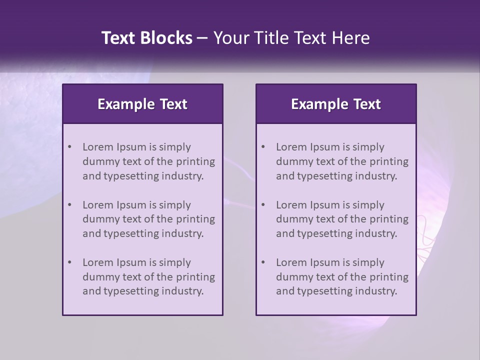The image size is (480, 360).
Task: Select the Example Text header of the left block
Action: tap(142, 104)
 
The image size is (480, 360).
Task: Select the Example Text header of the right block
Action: tap(336, 104)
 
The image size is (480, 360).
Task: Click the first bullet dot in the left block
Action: tap(69, 147)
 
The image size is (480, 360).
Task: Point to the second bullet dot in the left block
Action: tap(69, 205)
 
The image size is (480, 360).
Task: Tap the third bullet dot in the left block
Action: tap(69, 262)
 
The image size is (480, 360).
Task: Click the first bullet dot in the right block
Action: tap(263, 147)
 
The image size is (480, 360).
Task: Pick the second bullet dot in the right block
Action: tap(263, 205)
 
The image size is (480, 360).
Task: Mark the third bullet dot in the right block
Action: tap(263, 262)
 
